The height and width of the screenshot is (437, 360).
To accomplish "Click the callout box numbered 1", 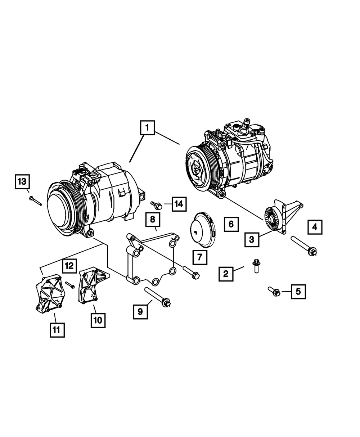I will pos(148,127).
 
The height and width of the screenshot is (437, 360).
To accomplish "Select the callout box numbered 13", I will pos(22,181).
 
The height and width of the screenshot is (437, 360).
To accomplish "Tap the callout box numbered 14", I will pos(179,204).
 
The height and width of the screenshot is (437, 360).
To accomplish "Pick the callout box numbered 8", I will pos(153,219).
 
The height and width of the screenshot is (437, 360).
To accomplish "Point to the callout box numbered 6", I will pos(231,224).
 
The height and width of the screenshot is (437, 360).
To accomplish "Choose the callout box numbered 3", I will pos(252,239).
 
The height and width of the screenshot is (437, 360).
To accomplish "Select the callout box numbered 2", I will pos(226,274).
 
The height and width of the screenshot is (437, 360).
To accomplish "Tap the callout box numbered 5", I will pos(298,291).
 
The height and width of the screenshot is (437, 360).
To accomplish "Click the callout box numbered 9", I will pos(140,311).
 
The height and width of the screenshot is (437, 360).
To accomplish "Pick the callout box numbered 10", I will pos(98,320).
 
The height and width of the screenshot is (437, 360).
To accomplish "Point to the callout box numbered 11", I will pos(57,329).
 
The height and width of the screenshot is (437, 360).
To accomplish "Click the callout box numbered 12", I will pos(69,266).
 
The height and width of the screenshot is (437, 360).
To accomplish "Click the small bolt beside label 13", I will pos(35,201).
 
